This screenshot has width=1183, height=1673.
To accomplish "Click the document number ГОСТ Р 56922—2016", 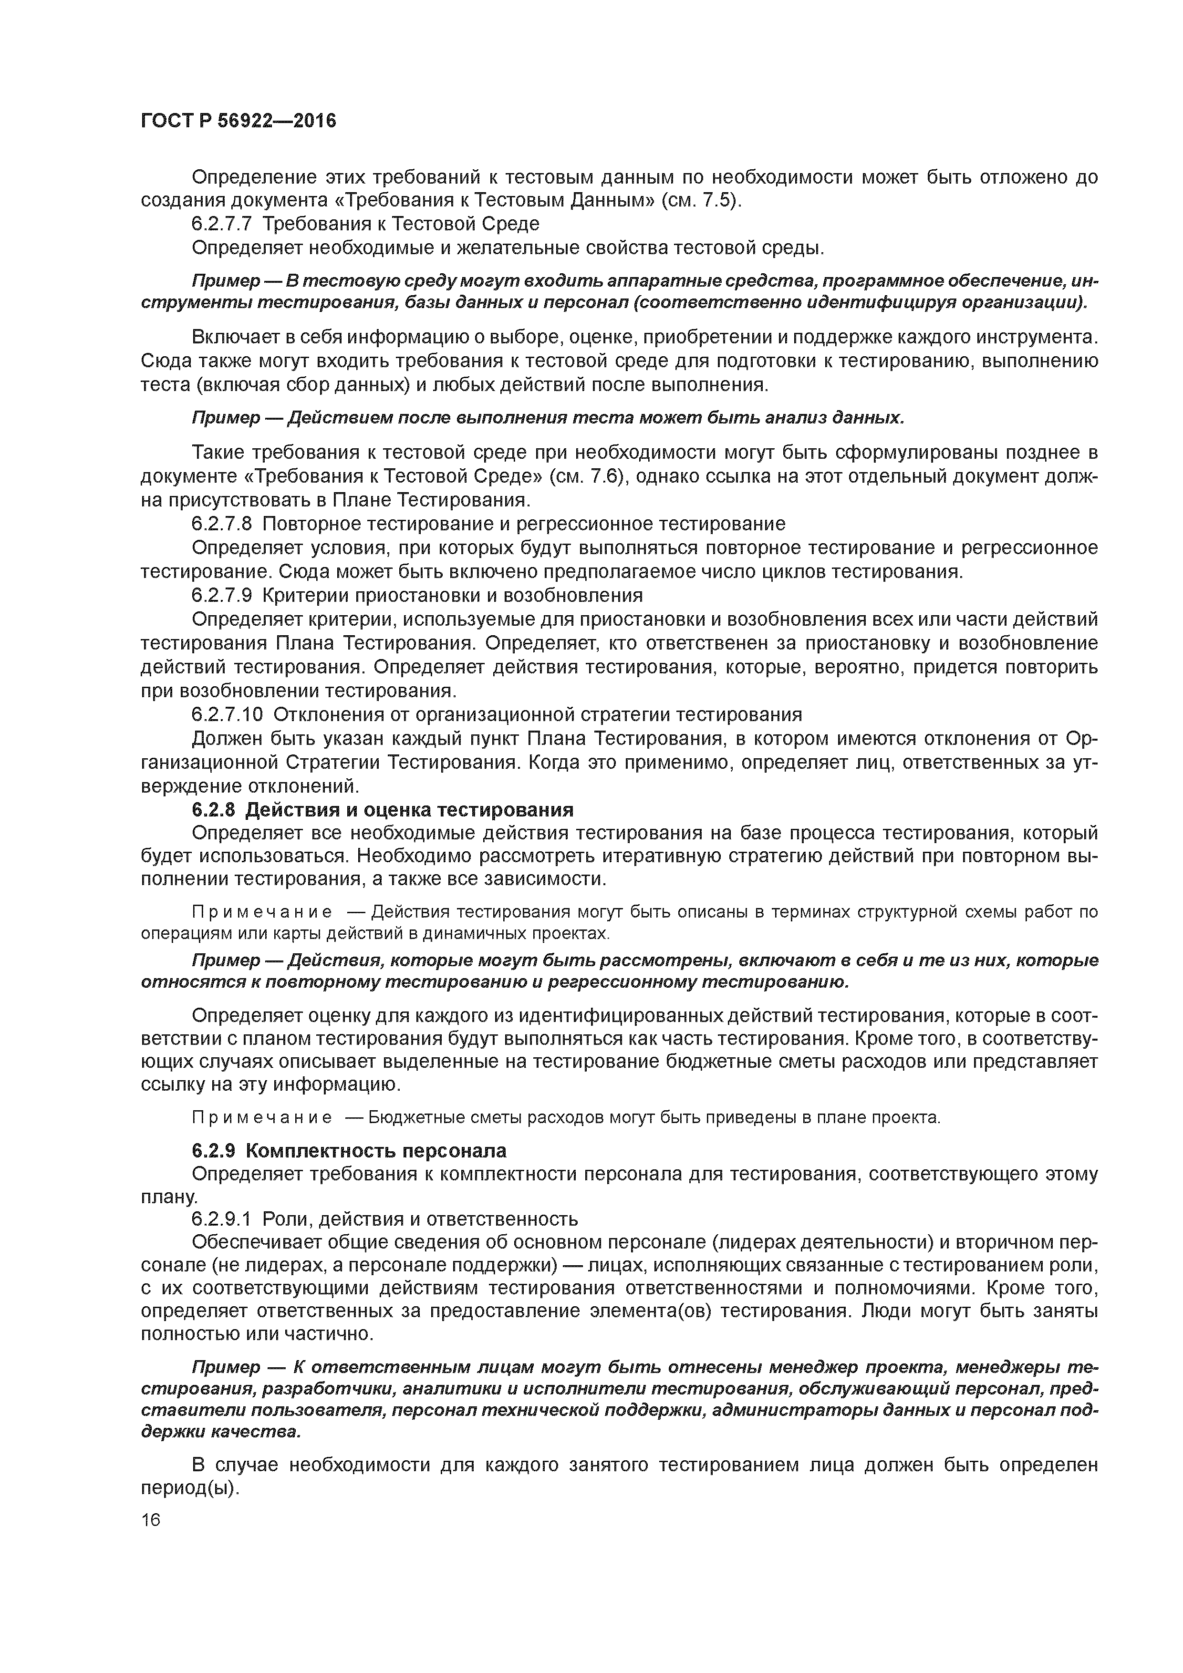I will tap(239, 121).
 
